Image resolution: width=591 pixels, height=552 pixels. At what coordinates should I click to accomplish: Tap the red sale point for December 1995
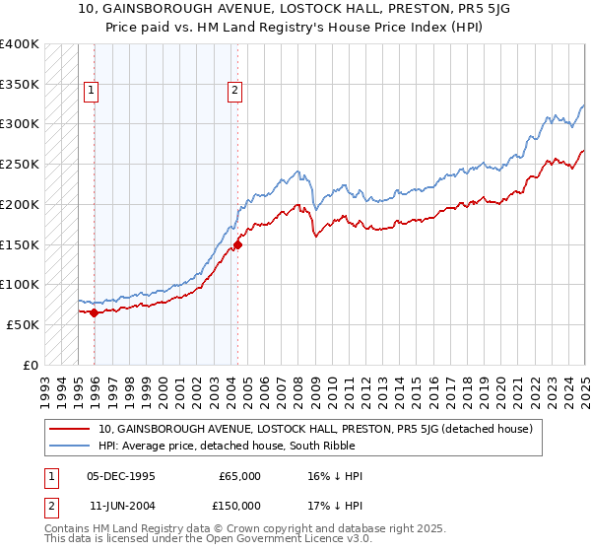point(94,312)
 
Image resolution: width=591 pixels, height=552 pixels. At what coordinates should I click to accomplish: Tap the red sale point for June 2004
point(237,244)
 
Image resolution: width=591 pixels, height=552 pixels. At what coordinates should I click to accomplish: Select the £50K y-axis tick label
point(23,324)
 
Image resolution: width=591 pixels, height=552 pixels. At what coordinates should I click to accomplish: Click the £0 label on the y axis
point(32,365)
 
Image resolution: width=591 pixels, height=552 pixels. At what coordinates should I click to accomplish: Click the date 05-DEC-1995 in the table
point(121,476)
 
